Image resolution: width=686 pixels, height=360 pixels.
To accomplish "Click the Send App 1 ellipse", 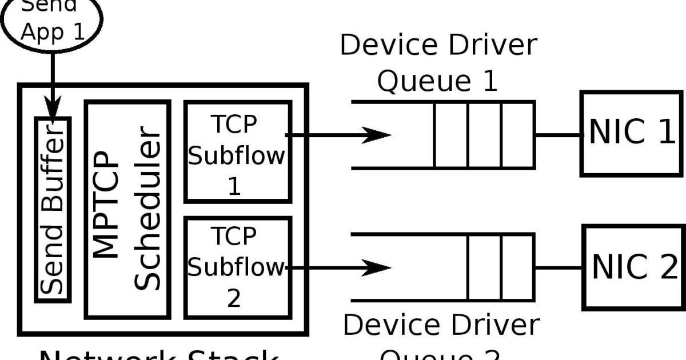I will click(51, 20).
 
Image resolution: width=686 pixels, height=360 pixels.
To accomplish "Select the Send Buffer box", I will click(53, 210).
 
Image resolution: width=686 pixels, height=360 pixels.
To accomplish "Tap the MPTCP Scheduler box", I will click(127, 210).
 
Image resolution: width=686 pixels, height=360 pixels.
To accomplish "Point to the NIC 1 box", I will click(632, 133).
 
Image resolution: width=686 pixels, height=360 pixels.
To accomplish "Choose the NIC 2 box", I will click(633, 267).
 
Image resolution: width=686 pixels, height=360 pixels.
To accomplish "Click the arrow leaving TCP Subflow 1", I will click(337, 135).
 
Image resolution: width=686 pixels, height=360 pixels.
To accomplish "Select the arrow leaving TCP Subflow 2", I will click(337, 267).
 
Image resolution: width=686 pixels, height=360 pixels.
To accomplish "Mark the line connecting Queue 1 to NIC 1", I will click(558, 135).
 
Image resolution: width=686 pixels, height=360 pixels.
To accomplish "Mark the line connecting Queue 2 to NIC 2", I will click(559, 267).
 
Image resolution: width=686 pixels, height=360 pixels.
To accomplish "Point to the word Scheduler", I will click(150, 210).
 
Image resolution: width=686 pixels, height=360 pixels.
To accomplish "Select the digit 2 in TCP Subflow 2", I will click(234, 298).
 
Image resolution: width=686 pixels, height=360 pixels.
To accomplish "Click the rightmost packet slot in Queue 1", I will click(518, 135).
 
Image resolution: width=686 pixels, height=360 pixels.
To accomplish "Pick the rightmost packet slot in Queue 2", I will click(518, 267).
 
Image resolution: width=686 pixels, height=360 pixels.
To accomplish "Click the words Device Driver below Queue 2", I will click(440, 325).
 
